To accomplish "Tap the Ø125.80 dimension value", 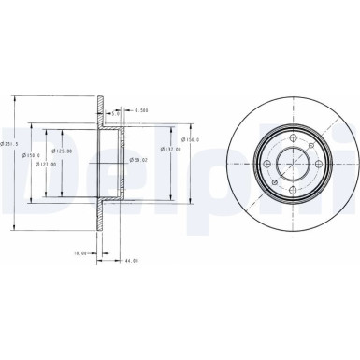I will (x=64, y=151).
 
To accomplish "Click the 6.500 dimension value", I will (x=141, y=110).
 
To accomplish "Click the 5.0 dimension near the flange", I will (x=115, y=113).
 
